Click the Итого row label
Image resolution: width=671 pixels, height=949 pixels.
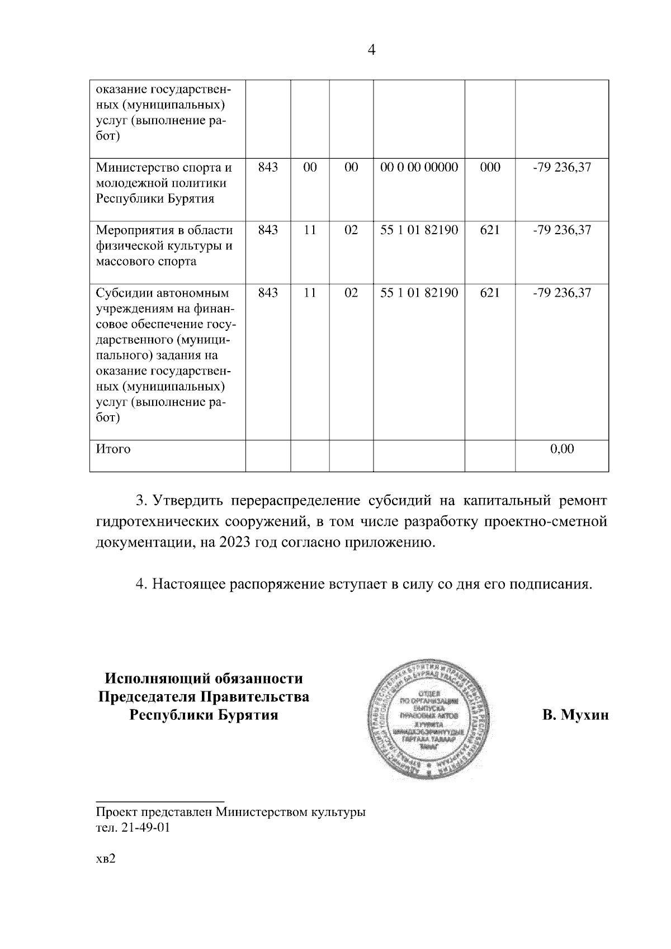(114, 449)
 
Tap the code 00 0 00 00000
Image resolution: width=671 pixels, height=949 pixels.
(419, 167)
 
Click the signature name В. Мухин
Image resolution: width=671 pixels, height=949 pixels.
(575, 715)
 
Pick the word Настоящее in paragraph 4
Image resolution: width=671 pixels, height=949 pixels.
(189, 585)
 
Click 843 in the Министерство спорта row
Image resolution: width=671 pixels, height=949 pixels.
(268, 167)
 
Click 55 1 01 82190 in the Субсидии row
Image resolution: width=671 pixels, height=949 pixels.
(419, 292)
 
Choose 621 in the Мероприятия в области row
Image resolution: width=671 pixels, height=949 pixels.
(490, 230)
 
